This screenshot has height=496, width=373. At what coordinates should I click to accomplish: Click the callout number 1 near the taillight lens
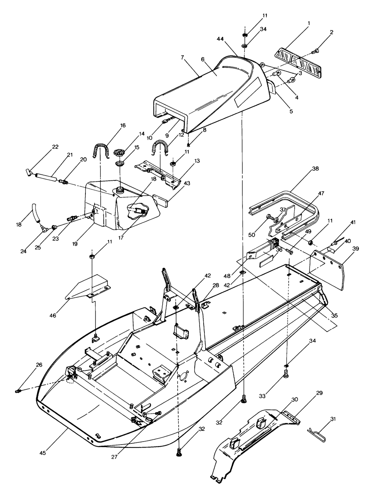click(309, 23)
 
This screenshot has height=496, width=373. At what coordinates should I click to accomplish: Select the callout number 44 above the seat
click(220, 39)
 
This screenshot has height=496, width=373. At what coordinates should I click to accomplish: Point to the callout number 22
click(55, 147)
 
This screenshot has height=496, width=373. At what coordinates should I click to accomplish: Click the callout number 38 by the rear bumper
click(315, 168)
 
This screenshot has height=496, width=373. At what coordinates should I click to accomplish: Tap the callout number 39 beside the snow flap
click(356, 249)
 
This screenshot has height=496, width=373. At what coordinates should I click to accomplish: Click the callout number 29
click(319, 393)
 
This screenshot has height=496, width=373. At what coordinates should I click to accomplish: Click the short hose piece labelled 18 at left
click(36, 212)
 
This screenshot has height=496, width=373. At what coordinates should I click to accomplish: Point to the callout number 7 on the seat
click(182, 57)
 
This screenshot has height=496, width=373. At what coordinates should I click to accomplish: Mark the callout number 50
click(252, 235)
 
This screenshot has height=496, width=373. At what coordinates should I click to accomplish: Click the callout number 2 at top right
click(332, 32)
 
